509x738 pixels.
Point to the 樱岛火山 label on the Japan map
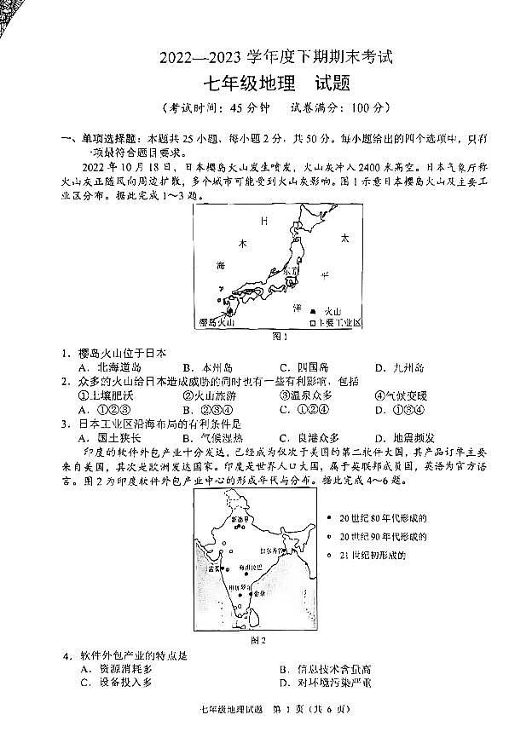click(214, 322)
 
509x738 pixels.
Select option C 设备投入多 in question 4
click(116, 683)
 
